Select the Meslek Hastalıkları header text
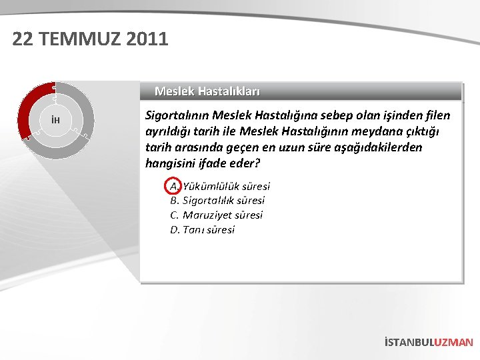point(207,91)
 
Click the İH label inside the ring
point(56,120)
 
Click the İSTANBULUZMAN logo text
point(429,342)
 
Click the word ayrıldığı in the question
point(168,131)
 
